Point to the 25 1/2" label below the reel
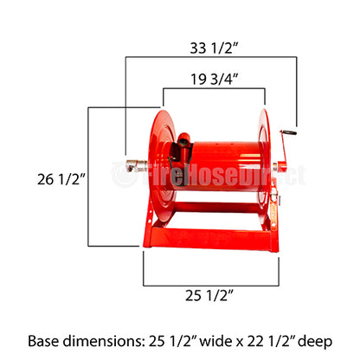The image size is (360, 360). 210,297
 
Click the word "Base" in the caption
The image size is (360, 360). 47,340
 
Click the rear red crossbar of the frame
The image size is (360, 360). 216,208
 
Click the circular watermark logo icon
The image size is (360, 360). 122,175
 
